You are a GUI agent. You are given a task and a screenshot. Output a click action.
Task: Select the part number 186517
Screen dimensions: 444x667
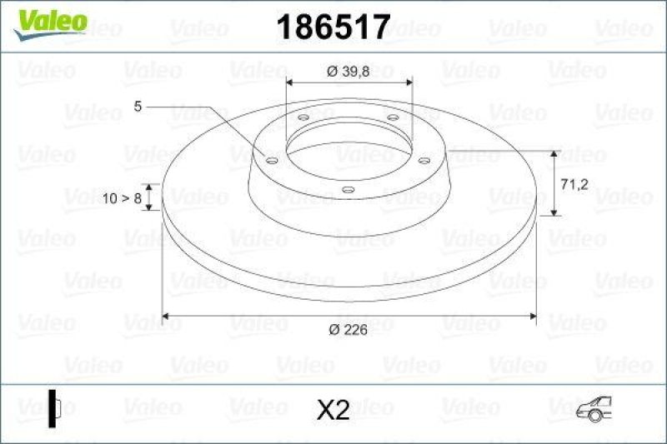point(333,27)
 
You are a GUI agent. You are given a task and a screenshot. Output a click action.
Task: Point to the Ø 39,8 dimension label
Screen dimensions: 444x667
point(349,72)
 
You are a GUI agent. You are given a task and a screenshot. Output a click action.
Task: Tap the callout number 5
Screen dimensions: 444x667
point(138,106)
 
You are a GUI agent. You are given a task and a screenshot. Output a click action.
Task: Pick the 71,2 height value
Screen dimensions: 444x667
point(576,184)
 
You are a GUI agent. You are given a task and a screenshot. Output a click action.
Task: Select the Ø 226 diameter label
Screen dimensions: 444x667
point(349,330)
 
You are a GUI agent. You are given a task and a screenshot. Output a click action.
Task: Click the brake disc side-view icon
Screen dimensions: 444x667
point(55,408)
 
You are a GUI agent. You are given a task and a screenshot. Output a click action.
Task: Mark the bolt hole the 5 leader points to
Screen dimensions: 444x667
point(271,159)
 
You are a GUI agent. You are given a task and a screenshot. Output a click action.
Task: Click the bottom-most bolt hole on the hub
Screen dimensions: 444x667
point(348,191)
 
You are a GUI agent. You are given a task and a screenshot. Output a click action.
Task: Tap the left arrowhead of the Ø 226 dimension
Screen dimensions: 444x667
point(166,316)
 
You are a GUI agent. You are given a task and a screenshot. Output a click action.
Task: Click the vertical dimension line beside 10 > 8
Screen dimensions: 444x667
point(149,197)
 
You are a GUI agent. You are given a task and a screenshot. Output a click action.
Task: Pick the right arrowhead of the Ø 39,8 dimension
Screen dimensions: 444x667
point(409,82)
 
